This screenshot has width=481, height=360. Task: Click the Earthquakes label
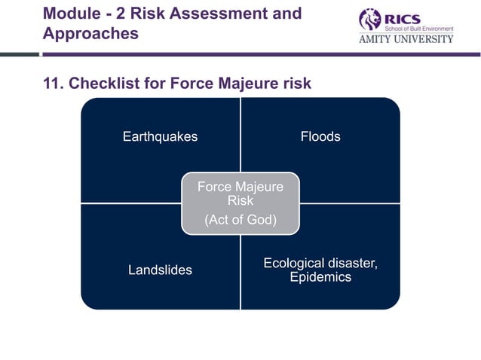tap(160, 136)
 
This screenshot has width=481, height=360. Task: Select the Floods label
tap(320, 136)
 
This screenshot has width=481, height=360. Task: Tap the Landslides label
tap(160, 270)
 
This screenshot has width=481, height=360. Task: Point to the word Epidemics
tap(320, 277)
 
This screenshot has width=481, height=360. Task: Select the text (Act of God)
tap(240, 220)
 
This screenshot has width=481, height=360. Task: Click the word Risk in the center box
tap(240, 201)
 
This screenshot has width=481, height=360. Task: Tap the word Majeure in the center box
tap(258, 187)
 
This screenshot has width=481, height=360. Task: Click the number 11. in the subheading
tap(53, 83)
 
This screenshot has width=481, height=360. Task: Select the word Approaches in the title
tap(90, 34)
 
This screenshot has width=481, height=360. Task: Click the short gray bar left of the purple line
tap(19, 54)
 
